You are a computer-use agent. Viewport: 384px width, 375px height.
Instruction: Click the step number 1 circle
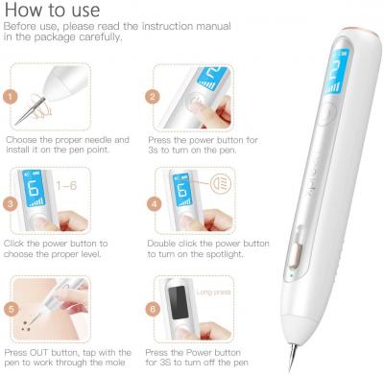coord(11,97)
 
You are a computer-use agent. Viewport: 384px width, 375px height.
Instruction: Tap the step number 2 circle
coord(153,97)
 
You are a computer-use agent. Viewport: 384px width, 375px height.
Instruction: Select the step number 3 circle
coord(11,204)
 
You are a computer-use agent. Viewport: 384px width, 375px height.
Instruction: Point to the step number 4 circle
coord(155,204)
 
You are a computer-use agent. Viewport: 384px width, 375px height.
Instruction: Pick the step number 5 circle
coord(12,310)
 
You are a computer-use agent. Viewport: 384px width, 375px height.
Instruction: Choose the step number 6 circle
coord(153,310)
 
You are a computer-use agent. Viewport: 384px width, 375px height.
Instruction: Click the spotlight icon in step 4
coord(221,184)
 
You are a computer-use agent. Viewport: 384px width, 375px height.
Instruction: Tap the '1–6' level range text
coord(66,185)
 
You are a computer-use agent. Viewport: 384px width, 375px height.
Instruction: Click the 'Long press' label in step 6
coord(213,293)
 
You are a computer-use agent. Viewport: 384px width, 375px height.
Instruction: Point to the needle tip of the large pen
coord(290,371)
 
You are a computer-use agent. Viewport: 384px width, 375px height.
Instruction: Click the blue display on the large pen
coord(336,72)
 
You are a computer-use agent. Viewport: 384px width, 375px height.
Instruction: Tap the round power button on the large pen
coord(327,113)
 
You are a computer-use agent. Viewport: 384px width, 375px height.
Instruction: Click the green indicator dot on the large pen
coord(291,274)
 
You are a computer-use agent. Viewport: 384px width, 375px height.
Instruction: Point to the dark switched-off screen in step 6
coord(179,302)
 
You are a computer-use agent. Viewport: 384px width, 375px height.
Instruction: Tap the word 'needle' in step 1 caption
coord(94,140)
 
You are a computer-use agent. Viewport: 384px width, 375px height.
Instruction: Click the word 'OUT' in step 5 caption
coord(39,353)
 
